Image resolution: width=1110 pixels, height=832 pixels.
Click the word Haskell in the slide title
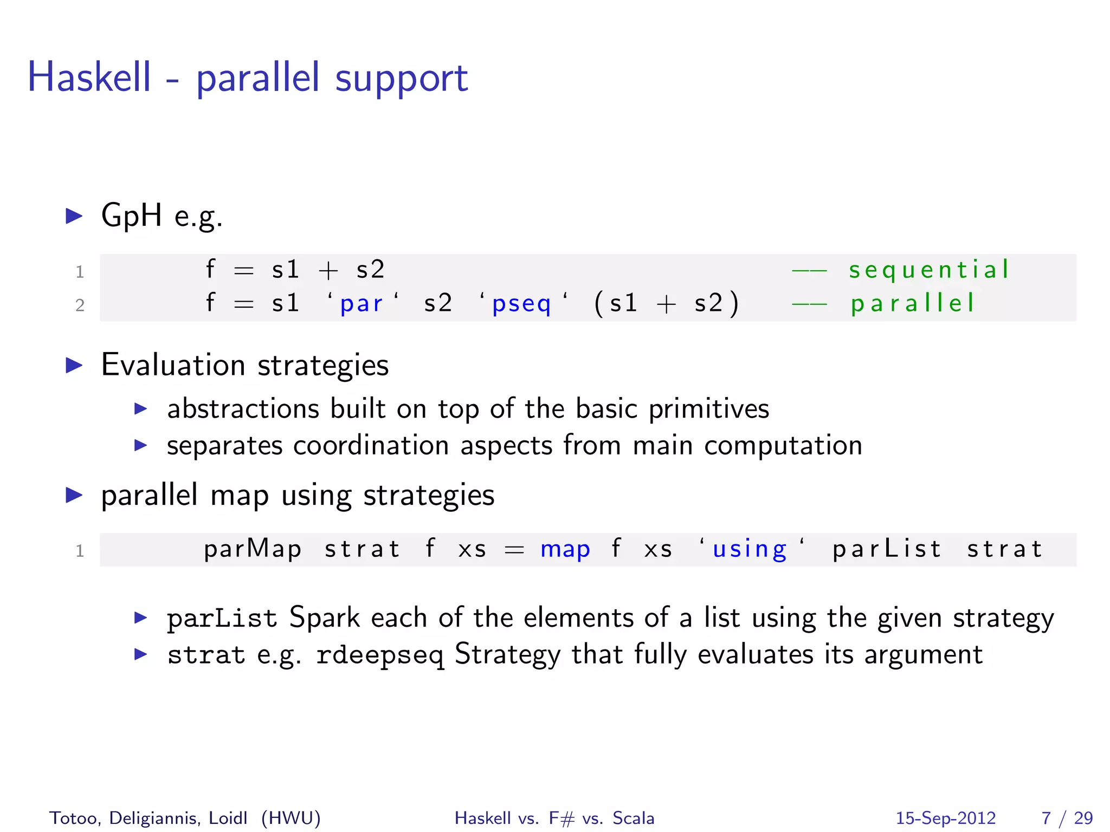coord(89,77)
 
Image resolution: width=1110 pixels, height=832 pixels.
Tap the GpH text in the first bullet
coord(131,215)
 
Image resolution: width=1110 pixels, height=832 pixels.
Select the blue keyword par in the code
coord(362,303)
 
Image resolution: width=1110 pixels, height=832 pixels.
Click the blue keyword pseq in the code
coord(521,304)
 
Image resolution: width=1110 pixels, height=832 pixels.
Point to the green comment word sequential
coord(929,270)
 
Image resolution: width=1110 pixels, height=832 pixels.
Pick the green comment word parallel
coord(913,303)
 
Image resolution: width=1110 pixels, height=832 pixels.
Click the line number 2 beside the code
coord(80,305)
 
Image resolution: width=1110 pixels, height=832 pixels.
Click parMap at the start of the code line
coord(253,549)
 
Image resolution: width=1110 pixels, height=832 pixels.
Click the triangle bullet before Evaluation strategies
coord(74,365)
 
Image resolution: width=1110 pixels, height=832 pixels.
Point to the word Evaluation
coord(173,365)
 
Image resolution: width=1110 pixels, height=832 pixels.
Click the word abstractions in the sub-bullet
coord(243,408)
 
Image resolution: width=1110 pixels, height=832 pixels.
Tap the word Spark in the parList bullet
coord(325,617)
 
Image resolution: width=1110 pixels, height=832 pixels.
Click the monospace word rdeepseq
coord(380,655)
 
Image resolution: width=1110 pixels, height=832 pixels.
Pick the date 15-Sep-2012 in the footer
coord(946,818)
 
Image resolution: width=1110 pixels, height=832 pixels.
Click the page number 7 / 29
coord(1067,818)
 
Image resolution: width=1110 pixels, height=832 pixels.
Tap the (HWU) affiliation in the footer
coord(291,818)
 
